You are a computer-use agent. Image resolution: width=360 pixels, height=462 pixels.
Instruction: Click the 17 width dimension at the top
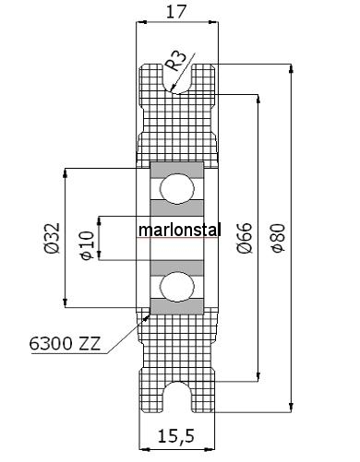(x=176, y=12)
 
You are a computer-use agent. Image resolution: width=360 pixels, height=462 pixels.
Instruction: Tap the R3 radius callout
(x=175, y=61)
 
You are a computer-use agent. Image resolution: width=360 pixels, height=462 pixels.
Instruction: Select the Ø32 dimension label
(x=52, y=238)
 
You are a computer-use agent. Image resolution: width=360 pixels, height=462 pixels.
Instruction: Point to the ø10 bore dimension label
(x=87, y=245)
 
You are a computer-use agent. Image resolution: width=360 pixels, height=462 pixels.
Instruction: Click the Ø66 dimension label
(x=245, y=238)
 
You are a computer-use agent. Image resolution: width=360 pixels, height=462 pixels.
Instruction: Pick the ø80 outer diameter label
(x=278, y=238)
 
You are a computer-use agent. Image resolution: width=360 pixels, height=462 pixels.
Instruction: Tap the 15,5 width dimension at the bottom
(x=176, y=435)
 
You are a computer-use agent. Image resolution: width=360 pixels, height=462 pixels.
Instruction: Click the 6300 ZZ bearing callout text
(x=65, y=343)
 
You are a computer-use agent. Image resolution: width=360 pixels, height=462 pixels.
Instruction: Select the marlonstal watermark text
(x=180, y=230)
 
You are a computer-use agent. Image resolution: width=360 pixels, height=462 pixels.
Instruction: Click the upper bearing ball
(x=177, y=189)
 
